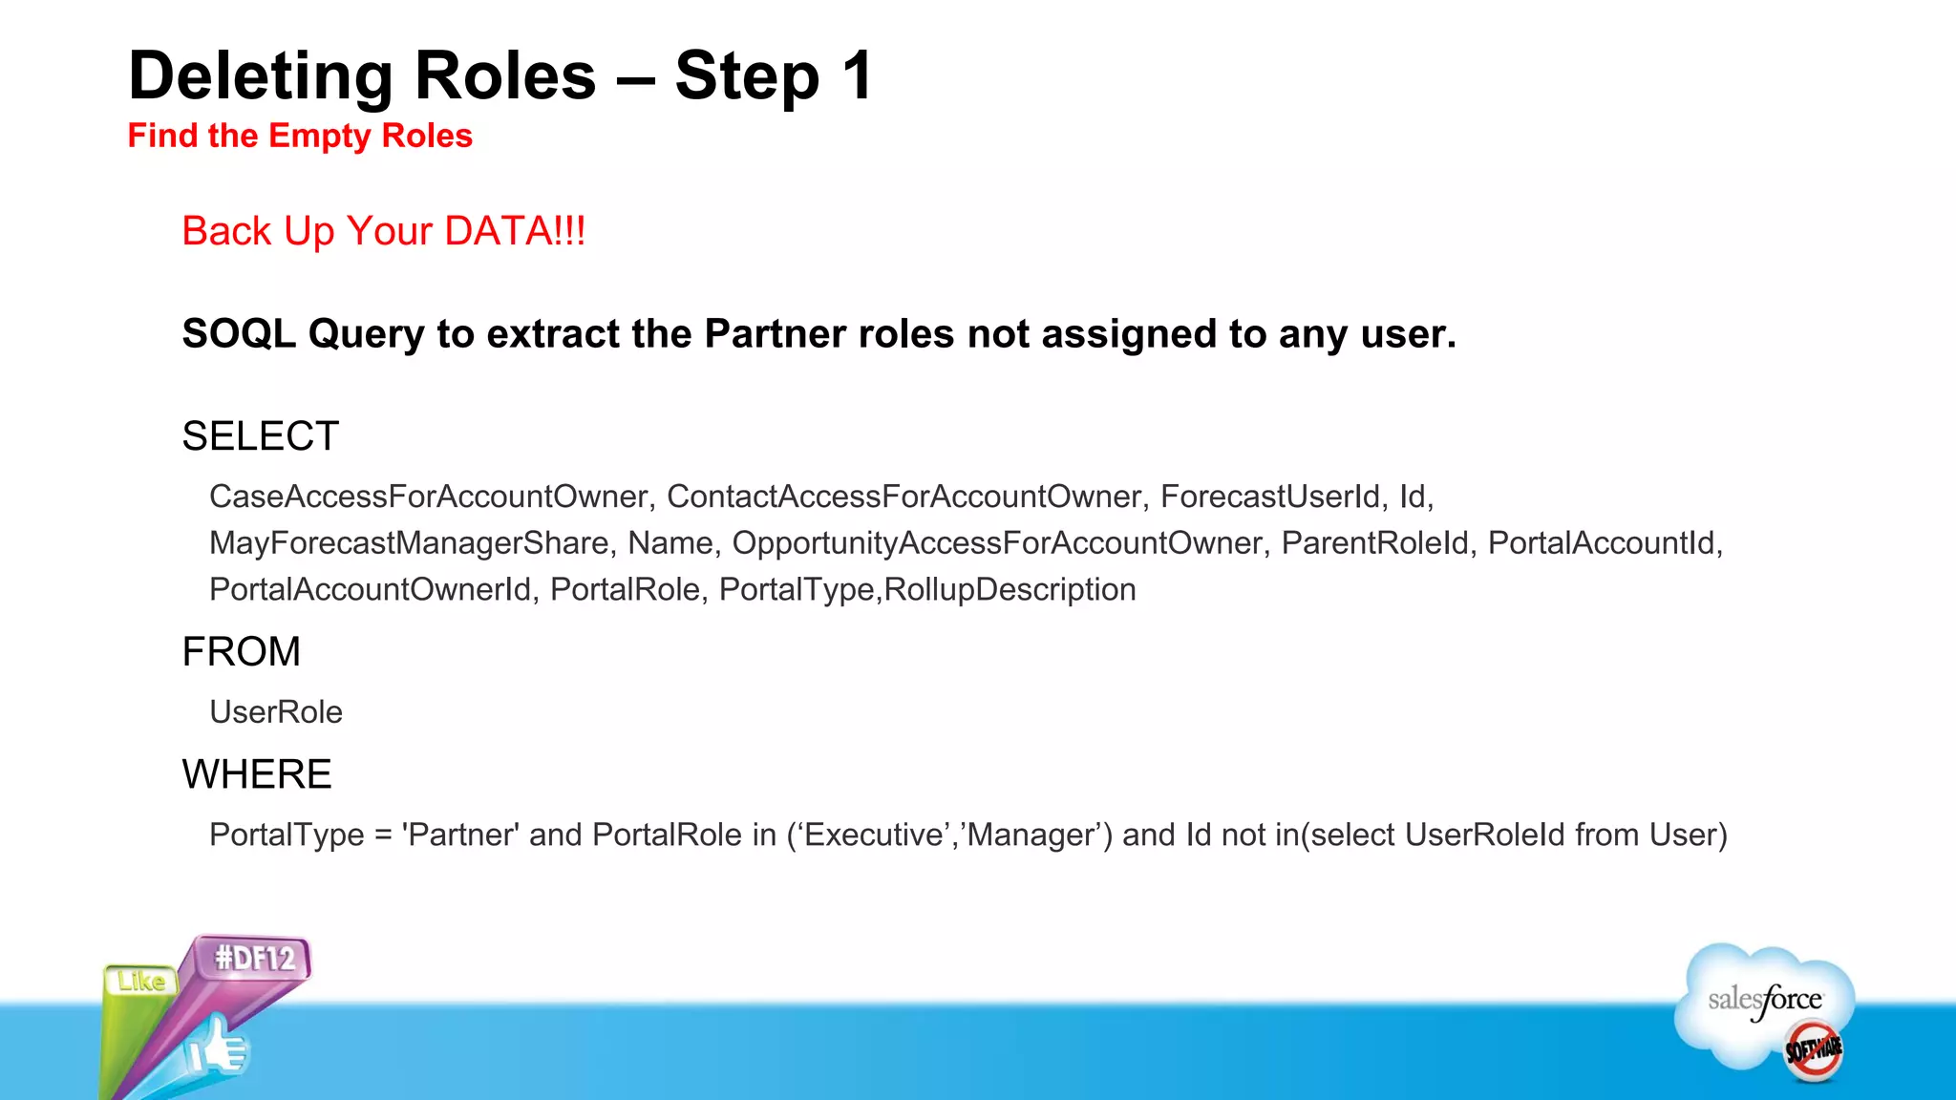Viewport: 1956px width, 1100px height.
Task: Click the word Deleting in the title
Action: (x=260, y=76)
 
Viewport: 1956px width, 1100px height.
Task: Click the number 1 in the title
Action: (x=857, y=76)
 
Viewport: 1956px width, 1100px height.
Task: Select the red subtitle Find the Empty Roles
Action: (x=300, y=136)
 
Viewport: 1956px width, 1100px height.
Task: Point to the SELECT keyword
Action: (x=260, y=436)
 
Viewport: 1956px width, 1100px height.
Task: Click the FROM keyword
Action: (x=241, y=652)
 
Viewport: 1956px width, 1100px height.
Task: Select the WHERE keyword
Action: (x=257, y=774)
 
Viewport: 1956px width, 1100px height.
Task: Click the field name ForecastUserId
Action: (x=1270, y=497)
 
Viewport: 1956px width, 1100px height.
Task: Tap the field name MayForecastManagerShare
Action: (x=409, y=543)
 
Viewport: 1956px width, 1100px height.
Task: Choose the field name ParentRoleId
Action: (x=1374, y=543)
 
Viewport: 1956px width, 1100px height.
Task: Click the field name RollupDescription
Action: (x=1010, y=590)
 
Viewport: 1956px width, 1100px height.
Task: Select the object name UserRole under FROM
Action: (x=276, y=712)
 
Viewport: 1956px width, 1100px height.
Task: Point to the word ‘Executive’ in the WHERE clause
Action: (x=872, y=836)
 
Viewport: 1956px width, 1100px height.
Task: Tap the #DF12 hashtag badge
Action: (x=255, y=958)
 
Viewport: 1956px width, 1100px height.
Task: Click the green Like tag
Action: (x=140, y=982)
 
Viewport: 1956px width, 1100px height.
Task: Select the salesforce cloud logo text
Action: (x=1765, y=1000)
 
